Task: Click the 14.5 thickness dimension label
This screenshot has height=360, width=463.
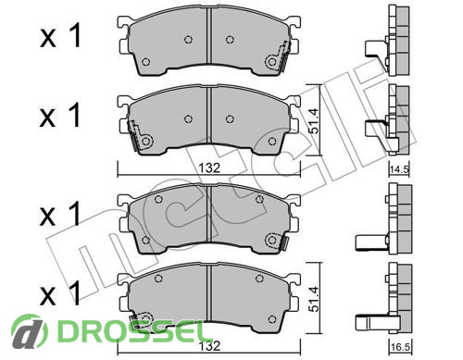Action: tap(399, 169)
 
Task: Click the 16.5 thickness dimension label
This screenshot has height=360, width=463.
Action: tap(399, 348)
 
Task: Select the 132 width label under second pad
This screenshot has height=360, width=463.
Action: tap(209, 168)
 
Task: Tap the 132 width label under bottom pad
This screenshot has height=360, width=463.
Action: tap(209, 346)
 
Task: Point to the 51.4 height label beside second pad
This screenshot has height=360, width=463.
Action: tap(314, 121)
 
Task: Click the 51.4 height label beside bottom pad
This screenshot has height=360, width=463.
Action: tap(314, 299)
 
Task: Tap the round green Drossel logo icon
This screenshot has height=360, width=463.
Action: tap(29, 331)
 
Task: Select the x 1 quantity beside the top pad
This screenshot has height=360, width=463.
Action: tap(60, 36)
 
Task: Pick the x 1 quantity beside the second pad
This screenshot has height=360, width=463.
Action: tap(60, 116)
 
